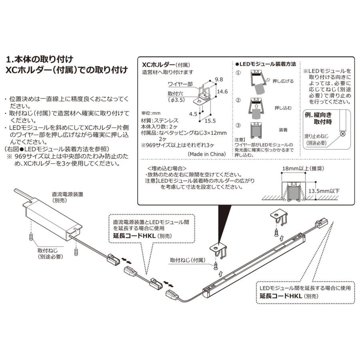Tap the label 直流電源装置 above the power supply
click(68, 194)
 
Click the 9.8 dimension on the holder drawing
click(218, 79)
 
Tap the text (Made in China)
click(206, 154)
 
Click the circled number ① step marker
click(238, 74)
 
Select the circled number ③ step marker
click(238, 124)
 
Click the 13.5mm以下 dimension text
click(324, 191)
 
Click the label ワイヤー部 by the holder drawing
click(180, 84)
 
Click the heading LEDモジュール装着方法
click(267, 64)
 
